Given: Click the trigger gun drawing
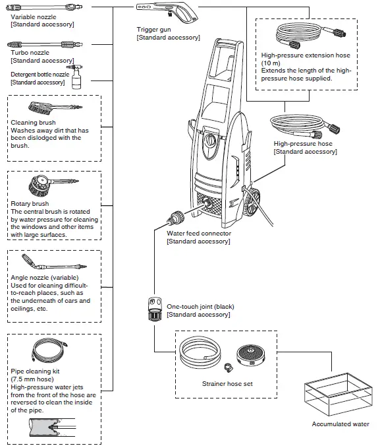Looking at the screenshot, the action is [167, 12].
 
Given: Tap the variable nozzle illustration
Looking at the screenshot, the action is [44, 7].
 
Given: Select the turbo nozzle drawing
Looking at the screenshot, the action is [45, 44].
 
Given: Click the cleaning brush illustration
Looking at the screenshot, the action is [55, 108].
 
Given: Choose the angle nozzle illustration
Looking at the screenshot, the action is [54, 262].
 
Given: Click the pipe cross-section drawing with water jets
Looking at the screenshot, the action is [52, 428].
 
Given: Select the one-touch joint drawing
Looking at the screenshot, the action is [155, 309].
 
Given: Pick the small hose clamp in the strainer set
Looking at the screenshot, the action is [229, 367].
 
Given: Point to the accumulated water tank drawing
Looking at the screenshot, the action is [338, 395].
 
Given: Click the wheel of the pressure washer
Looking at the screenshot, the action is [252, 202].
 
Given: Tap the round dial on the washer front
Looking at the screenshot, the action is [210, 140].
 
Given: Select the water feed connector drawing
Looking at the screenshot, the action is [176, 219].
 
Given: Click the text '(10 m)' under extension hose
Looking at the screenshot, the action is [271, 63].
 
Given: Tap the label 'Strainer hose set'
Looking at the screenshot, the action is [227, 384].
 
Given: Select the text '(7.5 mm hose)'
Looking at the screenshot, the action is [32, 379].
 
